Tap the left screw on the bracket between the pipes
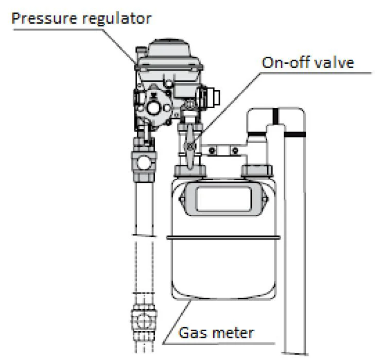tap(211, 151)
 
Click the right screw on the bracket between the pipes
tap(235, 151)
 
